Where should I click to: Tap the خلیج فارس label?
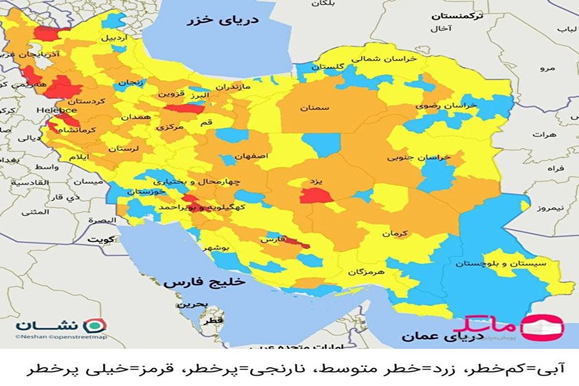tap(204, 283)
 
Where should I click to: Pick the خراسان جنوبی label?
tap(419, 157)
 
